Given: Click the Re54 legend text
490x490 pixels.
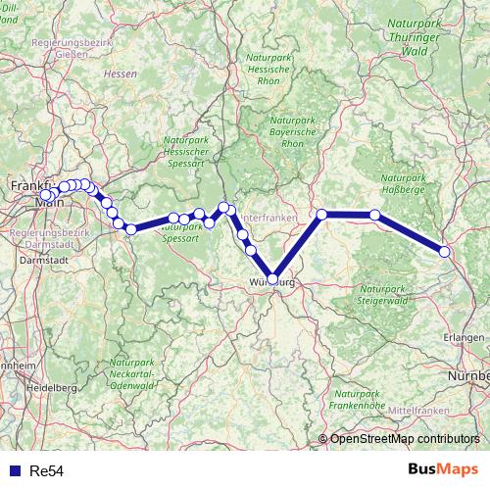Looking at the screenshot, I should pyautogui.click(x=47, y=471).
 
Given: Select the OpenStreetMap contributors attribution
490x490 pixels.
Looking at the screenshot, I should pyautogui.click(x=405, y=439).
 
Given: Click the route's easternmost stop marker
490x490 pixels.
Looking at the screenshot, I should pyautogui.click(x=445, y=252).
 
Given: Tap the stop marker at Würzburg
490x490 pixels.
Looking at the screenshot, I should pyautogui.click(x=272, y=278).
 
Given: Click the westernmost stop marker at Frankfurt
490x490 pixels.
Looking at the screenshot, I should pyautogui.click(x=45, y=194).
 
